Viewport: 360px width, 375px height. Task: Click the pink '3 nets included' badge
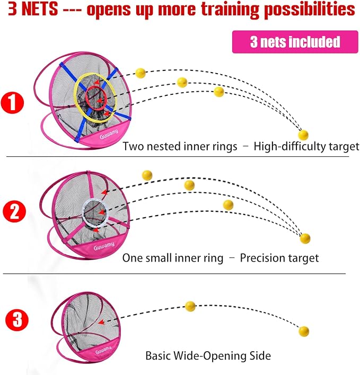coord(295,42)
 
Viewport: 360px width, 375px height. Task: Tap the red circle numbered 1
coord(12,103)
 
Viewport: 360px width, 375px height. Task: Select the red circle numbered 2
coord(14,211)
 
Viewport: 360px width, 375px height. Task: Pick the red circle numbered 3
coord(17,319)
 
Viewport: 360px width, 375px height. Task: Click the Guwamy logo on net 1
coord(109,134)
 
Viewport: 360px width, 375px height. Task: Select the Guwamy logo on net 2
coord(104,246)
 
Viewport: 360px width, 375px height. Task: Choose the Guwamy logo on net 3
coord(103,350)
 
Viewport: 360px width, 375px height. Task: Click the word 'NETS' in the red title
coord(40,9)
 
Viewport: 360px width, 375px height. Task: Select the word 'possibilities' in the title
coord(310,10)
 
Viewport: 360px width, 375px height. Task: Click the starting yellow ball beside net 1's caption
coord(303,135)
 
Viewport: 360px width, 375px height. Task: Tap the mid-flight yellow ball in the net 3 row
coord(190,306)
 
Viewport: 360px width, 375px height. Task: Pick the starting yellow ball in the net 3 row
coord(304,331)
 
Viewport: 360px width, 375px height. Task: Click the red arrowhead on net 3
coord(101,322)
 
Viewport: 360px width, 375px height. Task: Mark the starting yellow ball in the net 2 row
coord(305,238)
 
